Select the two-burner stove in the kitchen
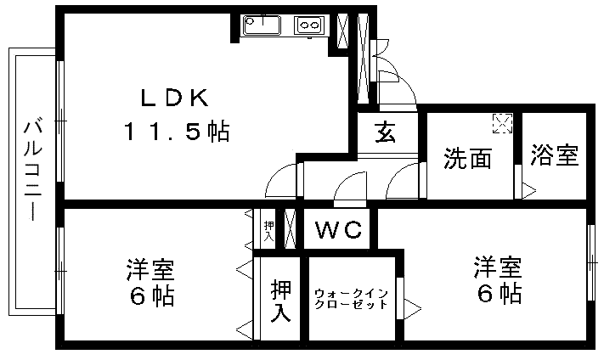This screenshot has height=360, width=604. point(308,26)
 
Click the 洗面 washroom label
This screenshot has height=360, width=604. point(468,159)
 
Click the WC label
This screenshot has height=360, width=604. point(338,229)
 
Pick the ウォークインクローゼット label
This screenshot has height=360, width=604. point(351,299)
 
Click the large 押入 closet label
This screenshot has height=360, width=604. point(282,301)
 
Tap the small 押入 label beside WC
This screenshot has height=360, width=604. point(268,229)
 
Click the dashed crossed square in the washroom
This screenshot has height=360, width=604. point(503,125)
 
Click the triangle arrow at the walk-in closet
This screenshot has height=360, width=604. point(413,303)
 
